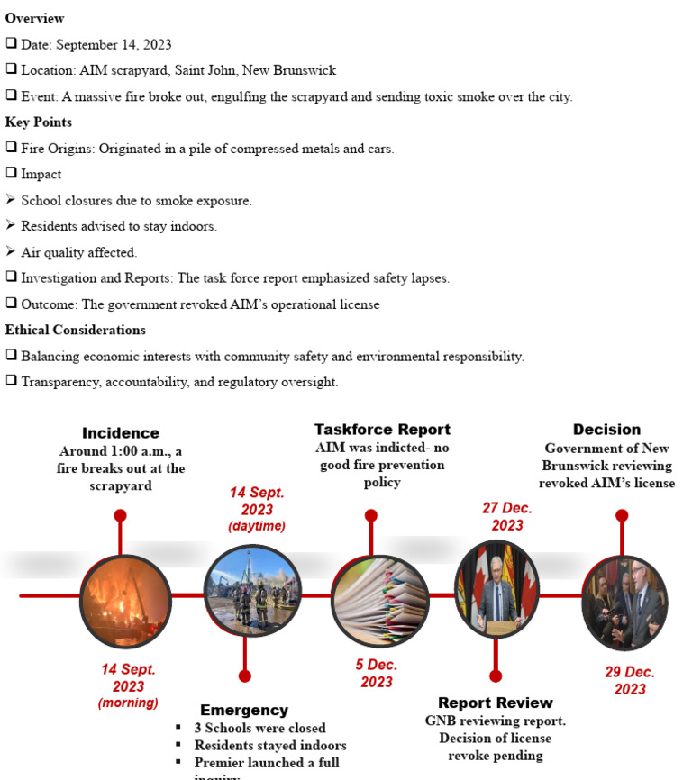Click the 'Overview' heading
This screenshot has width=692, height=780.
point(34,18)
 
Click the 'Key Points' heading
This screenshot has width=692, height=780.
point(39,122)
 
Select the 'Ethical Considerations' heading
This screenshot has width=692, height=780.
point(76,330)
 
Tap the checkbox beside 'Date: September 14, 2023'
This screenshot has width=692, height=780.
point(11,44)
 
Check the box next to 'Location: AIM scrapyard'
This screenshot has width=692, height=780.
point(11,70)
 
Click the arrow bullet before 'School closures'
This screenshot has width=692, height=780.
point(11,200)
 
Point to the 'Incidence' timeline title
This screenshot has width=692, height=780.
point(121,433)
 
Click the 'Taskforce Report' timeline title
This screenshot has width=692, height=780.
point(382,430)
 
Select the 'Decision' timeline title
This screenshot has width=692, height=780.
point(606,430)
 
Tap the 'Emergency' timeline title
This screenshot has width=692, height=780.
point(244,710)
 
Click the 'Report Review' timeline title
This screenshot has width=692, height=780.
point(495,703)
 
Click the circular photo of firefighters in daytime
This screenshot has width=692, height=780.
point(251,591)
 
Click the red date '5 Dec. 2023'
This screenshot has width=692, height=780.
point(377,674)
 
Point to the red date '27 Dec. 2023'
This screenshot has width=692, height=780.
point(506,517)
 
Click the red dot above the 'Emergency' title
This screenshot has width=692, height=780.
point(244,676)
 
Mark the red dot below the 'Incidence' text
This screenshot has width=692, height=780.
point(120,515)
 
